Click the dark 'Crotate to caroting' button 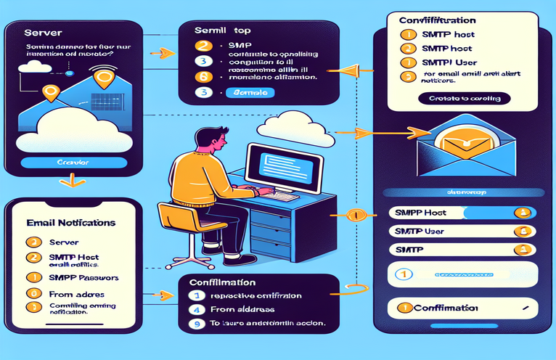(x=464, y=98)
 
